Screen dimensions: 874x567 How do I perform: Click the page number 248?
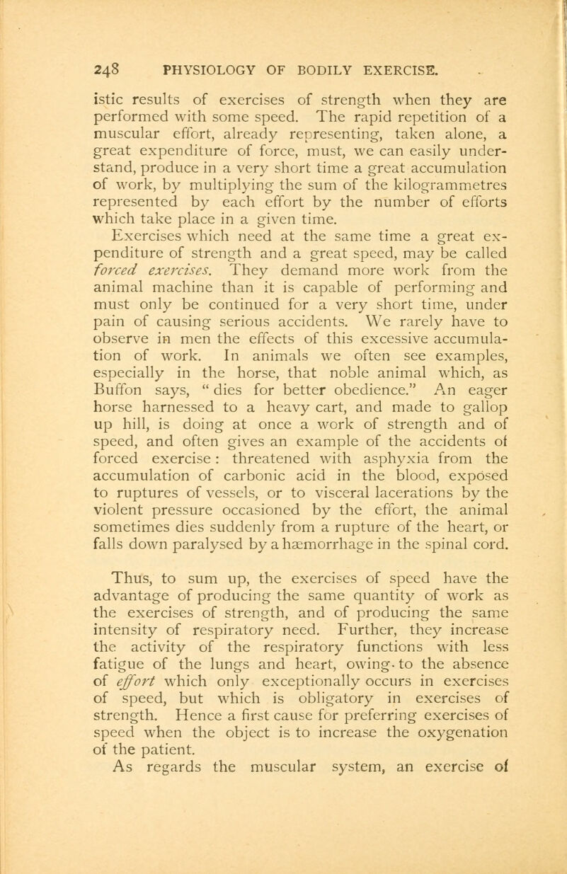(x=108, y=70)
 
